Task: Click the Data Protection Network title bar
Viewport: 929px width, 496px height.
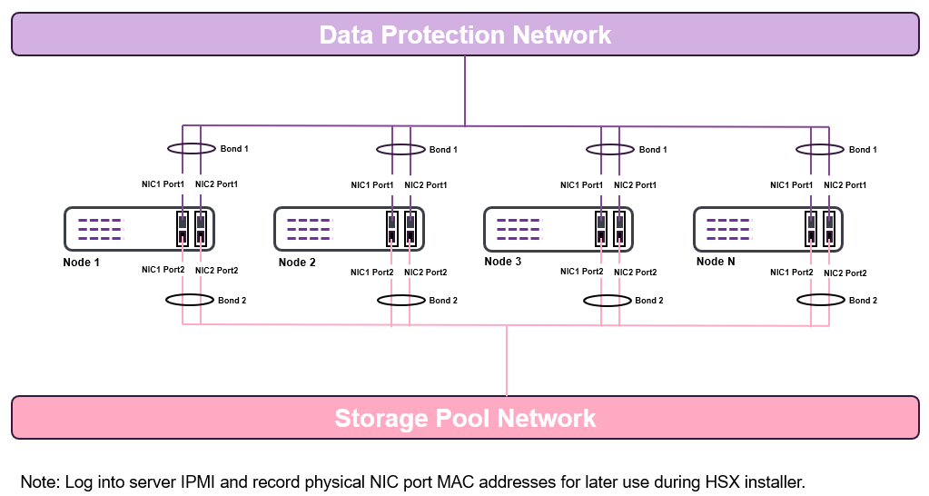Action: [465, 35]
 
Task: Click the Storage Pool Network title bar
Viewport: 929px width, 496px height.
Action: [465, 418]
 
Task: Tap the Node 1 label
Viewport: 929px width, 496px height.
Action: [81, 263]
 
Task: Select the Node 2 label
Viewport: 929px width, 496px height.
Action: [297, 263]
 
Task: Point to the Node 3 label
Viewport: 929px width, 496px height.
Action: [503, 262]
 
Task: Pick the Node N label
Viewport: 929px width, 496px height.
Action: [716, 262]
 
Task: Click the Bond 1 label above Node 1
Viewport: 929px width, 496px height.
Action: [234, 148]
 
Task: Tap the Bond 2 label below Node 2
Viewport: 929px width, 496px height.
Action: [443, 300]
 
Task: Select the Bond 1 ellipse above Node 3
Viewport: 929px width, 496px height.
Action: [609, 149]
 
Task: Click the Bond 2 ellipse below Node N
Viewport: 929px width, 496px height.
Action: [819, 300]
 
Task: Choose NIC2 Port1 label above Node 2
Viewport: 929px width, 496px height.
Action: [425, 185]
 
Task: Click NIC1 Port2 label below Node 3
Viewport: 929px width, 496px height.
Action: [581, 272]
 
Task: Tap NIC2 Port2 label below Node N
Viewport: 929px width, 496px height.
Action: [845, 273]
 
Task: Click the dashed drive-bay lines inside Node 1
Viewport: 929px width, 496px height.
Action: [99, 229]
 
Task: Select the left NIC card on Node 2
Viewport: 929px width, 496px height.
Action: [391, 229]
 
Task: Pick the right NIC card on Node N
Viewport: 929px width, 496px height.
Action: [830, 229]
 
